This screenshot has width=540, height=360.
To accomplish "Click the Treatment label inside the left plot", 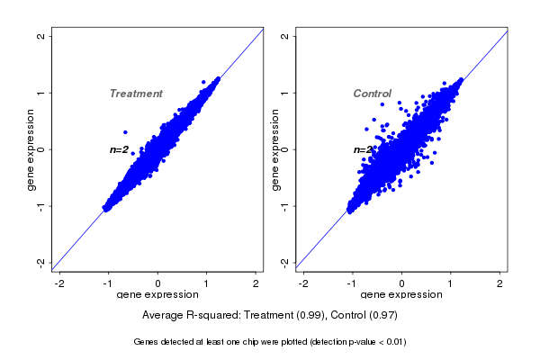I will click(x=136, y=94).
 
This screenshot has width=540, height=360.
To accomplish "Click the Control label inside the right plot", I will click(x=373, y=94).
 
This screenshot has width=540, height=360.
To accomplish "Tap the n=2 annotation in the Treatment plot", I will click(x=119, y=149).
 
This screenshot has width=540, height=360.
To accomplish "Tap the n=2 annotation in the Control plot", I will click(x=363, y=149).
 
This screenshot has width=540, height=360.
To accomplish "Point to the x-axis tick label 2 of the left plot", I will click(x=256, y=283).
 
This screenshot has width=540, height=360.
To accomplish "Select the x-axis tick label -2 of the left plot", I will click(x=59, y=283).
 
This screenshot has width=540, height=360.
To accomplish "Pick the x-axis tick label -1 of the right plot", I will click(x=352, y=283).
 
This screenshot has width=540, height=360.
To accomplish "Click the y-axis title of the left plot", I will click(x=31, y=149).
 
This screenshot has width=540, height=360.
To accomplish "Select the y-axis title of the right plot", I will click(x=275, y=149).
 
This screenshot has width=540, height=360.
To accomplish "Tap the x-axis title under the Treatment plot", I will click(x=157, y=295).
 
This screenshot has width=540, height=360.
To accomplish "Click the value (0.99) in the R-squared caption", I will click(x=309, y=315).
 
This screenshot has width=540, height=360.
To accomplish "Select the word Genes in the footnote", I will click(x=147, y=342).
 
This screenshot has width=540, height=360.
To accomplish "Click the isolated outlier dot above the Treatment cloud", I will click(x=125, y=132).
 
